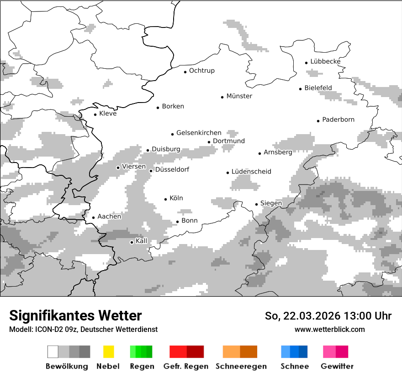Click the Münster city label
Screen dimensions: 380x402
click(x=239, y=96)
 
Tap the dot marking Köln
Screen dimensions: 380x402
click(x=166, y=199)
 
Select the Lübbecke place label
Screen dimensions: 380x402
click(x=325, y=61)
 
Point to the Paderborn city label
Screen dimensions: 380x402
click(x=338, y=119)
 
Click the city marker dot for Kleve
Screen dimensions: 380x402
click(x=95, y=114)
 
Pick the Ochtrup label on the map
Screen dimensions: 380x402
click(x=201, y=71)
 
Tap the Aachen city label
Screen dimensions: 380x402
click(x=109, y=217)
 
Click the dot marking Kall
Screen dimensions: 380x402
click(x=132, y=242)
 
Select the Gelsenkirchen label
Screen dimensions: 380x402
click(x=199, y=133)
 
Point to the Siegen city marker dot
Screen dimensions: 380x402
click(x=257, y=204)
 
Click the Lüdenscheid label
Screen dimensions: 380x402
click(x=251, y=172)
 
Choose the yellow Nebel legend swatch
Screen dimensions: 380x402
click(x=109, y=352)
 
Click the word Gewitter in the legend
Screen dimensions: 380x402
click(x=337, y=366)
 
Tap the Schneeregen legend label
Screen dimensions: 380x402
click(x=241, y=366)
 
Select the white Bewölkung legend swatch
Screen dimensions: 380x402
click(x=53, y=352)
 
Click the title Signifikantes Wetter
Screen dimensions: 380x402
click(x=75, y=315)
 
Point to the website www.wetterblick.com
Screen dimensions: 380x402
click(x=329, y=329)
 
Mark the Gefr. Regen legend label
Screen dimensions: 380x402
click(x=186, y=366)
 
